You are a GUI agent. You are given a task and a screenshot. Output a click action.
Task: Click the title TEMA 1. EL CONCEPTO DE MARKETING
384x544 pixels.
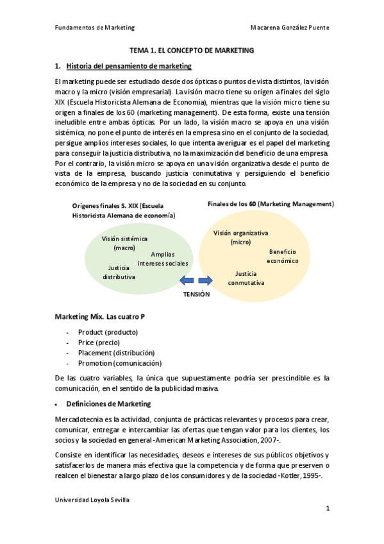tap(192, 50)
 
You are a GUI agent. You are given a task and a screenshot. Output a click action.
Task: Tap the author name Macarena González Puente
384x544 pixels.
tap(290, 28)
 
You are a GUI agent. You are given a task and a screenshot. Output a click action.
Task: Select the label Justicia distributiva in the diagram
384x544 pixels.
tap(119, 272)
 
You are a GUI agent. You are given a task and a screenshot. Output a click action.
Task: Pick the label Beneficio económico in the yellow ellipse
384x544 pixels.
tap(283, 257)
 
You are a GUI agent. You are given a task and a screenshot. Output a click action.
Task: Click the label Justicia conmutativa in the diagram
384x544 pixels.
tap(246, 278)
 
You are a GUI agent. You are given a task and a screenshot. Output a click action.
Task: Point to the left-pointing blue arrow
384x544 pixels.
tap(187, 280)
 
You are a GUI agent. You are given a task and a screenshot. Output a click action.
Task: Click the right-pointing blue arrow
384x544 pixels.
tap(206, 280)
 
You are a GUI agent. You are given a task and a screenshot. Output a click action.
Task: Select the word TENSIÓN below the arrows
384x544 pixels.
tap(196, 294)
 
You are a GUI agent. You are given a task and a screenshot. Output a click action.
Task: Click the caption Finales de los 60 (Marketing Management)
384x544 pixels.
tap(271, 204)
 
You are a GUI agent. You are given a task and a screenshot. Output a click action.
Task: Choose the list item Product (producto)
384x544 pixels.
tap(108, 332)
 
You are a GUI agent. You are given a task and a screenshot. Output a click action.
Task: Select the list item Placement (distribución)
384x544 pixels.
tap(116, 353)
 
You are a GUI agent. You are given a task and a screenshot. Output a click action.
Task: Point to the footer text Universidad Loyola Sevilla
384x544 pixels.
tap(94, 498)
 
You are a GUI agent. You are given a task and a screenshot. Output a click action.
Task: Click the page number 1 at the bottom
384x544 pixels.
tap(327, 509)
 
